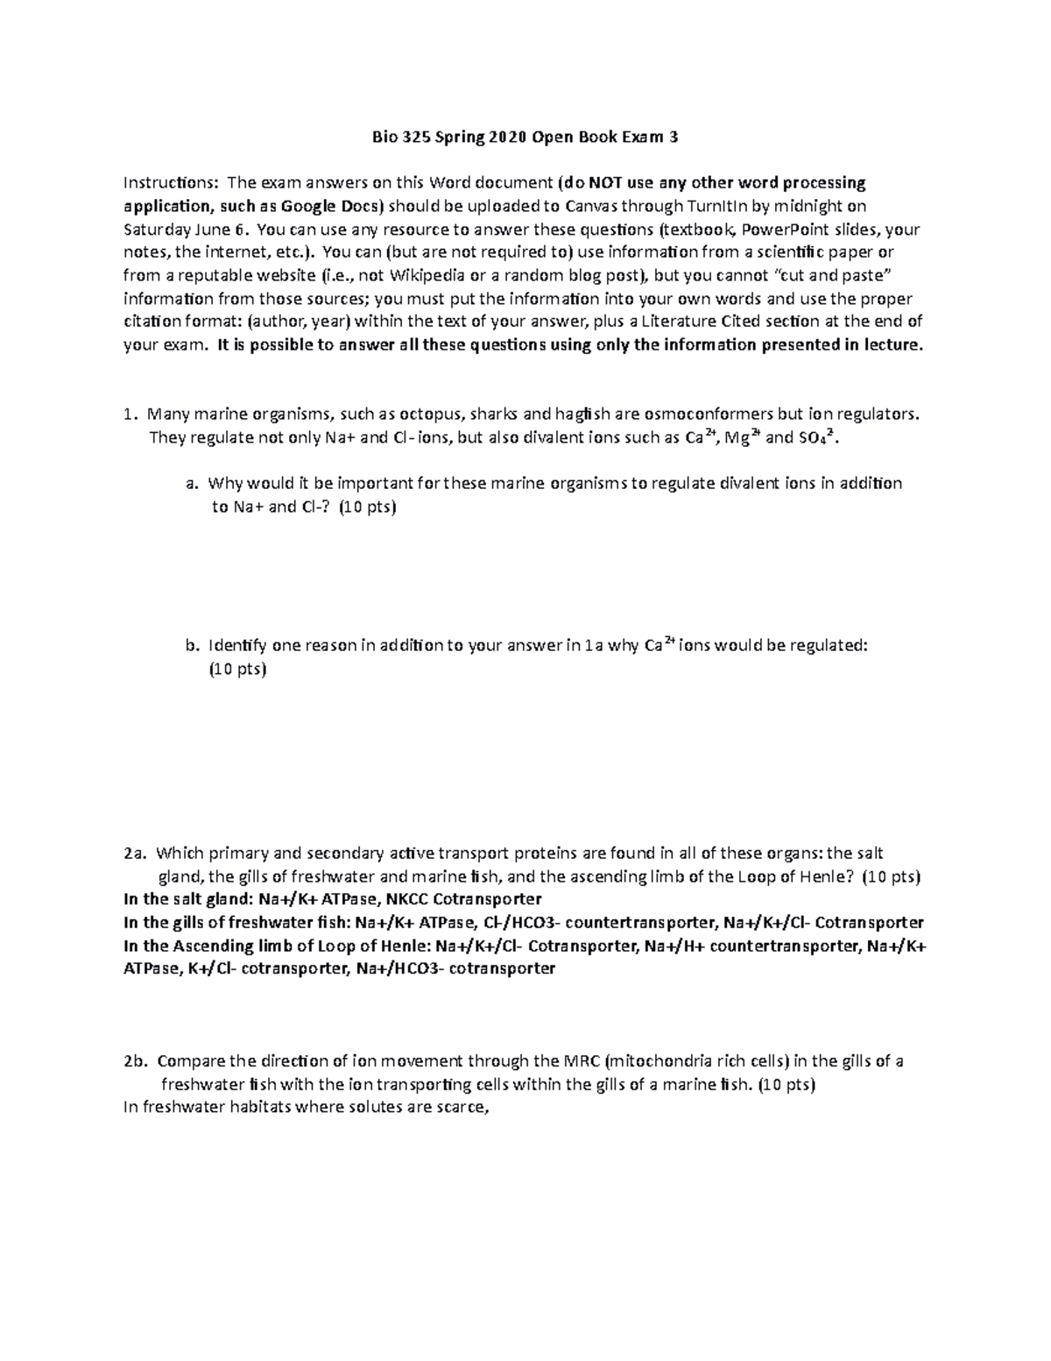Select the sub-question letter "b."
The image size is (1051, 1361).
pos(192,646)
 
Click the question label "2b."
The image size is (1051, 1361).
pos(135,1061)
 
